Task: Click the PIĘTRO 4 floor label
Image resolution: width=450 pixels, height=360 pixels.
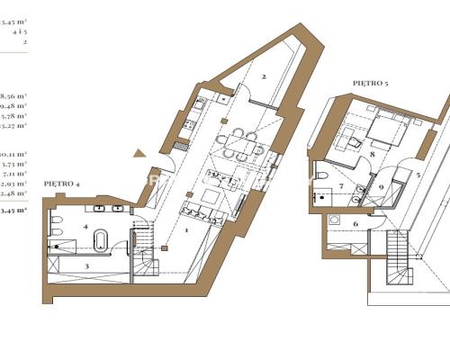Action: click(x=62, y=184)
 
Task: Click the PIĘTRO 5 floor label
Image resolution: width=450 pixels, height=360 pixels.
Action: click(x=371, y=82)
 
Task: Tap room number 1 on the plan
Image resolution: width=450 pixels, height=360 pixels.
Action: click(x=186, y=231)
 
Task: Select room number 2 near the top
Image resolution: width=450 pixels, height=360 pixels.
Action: click(x=264, y=76)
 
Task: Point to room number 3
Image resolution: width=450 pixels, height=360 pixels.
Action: click(x=87, y=266)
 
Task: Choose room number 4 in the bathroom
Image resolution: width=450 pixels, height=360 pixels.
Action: click(x=86, y=227)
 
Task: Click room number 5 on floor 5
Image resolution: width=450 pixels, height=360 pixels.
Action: click(x=418, y=174)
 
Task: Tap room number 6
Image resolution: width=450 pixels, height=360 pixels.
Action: click(x=355, y=223)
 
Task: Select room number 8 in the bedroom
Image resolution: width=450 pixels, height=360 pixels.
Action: click(x=371, y=155)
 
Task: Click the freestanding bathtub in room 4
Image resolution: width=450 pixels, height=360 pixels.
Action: click(x=102, y=242)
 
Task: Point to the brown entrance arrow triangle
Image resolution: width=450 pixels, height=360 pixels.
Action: click(x=139, y=154)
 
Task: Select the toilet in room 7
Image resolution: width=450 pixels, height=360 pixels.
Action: click(x=322, y=175)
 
